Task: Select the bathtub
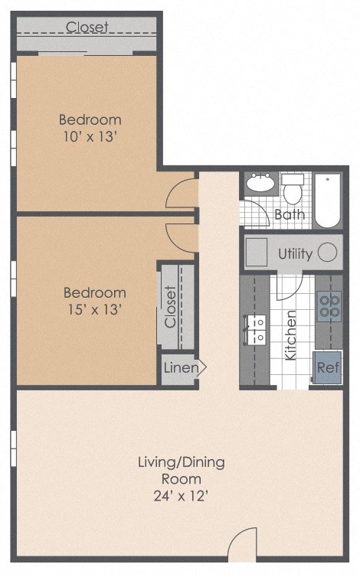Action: click(x=328, y=201)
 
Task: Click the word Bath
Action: click(x=290, y=215)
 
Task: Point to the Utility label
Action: click(x=295, y=254)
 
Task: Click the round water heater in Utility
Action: click(x=328, y=253)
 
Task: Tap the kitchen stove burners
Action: click(x=329, y=306)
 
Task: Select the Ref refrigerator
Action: click(x=328, y=367)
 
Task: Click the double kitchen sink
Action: click(x=255, y=329)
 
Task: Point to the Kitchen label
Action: click(x=291, y=335)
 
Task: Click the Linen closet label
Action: click(x=182, y=368)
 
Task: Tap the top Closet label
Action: click(x=87, y=28)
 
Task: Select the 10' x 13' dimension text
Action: click(x=90, y=138)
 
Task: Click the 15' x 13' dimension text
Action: click(x=94, y=310)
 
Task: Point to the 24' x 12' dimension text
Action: click(x=181, y=496)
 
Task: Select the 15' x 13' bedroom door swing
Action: click(x=182, y=236)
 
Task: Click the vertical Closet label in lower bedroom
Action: click(x=170, y=307)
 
